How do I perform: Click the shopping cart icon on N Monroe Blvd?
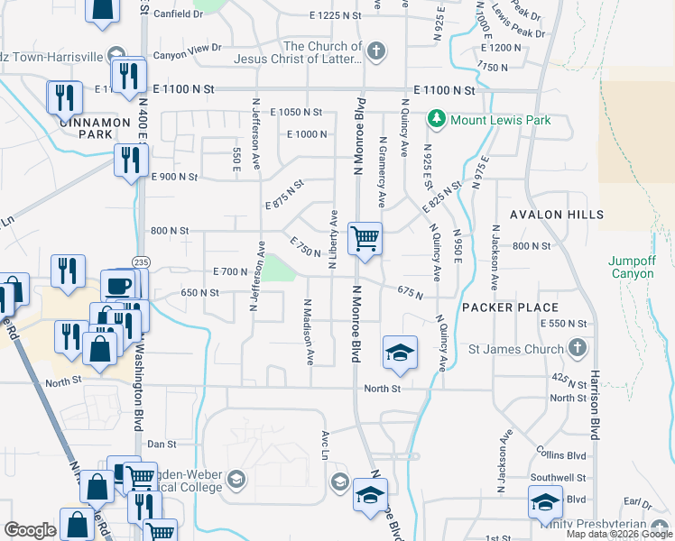[365, 239]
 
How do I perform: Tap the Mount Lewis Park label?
[495, 118]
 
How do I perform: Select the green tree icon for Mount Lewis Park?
[437, 118]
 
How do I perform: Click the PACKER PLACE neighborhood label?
[505, 307]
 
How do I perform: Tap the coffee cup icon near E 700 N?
[118, 286]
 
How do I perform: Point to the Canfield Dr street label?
[179, 14]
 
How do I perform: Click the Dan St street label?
[161, 444]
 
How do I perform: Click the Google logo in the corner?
[30, 530]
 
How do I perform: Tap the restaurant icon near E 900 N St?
[131, 160]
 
